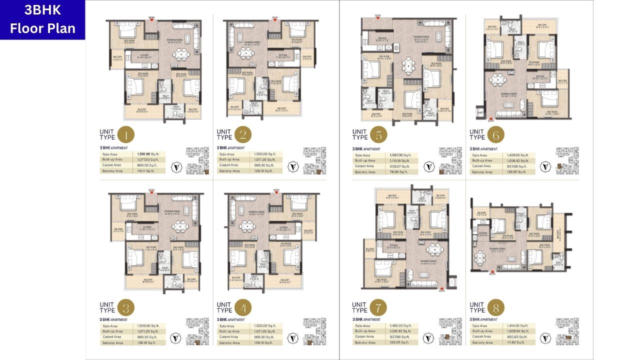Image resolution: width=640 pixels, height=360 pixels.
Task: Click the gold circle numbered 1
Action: coord(127,134)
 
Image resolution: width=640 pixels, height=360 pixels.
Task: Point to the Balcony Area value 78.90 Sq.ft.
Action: coord(398,172)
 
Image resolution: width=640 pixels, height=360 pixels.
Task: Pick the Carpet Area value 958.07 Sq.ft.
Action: coord(399,166)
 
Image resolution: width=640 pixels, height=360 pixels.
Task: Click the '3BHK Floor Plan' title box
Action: coord(42,20)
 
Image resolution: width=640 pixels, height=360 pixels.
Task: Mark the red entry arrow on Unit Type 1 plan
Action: coord(151,20)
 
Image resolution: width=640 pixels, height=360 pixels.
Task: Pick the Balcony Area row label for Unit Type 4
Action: coord(229,343)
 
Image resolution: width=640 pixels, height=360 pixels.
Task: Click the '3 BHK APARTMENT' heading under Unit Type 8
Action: coord(483,319)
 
